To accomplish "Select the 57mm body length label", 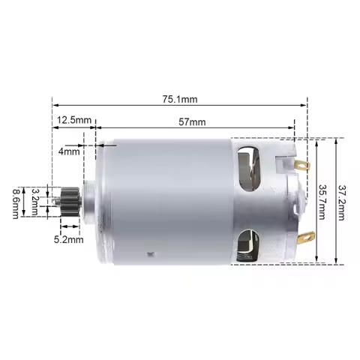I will point(193,120).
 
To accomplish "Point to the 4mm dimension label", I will point(69,151).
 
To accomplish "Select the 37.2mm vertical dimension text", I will point(343,202).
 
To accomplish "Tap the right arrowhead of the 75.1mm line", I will point(306,106).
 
